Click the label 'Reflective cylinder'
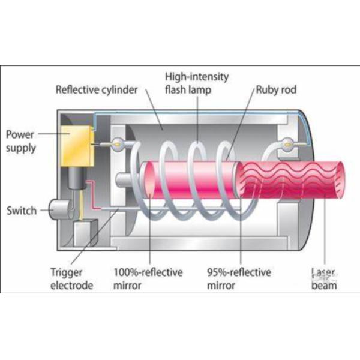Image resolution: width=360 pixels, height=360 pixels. pos(97,90)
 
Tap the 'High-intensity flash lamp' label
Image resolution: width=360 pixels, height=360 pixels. pos(197,83)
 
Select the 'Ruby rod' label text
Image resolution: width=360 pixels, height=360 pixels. pos(275,90)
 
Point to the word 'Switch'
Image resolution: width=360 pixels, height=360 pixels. pos(21,211)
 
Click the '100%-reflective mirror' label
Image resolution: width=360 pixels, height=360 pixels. pos(148,278)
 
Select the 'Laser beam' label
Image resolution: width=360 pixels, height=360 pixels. pos(324,278)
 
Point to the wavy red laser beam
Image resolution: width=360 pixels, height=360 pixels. pos(288,180)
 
